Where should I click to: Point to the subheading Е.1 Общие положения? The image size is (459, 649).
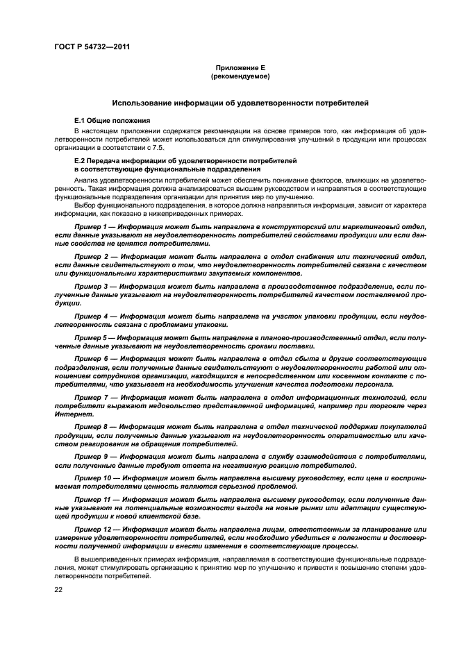112,120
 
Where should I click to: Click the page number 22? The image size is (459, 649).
59,590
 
